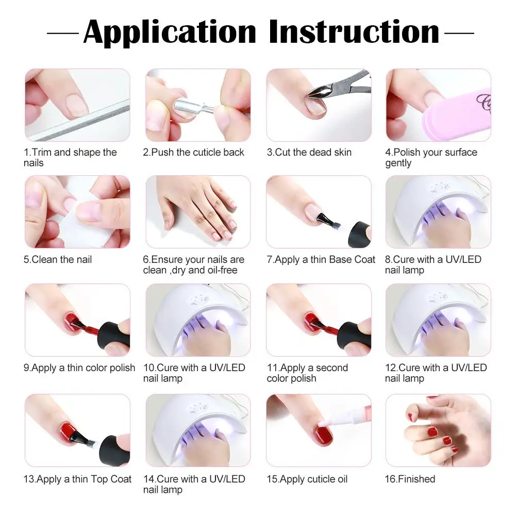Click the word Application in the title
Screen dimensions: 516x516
(170, 33)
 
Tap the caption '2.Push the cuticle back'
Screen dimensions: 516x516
(193, 153)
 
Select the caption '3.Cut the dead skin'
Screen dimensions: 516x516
(309, 153)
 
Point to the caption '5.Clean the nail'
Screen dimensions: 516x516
(58, 260)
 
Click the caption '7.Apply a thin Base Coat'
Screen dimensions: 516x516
(321, 260)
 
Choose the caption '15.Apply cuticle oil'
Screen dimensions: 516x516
(307, 479)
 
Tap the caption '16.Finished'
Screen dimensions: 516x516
(410, 479)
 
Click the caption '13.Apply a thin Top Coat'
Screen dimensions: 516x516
(77, 479)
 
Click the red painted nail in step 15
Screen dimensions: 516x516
(324, 435)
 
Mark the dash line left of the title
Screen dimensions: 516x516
(63, 33)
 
